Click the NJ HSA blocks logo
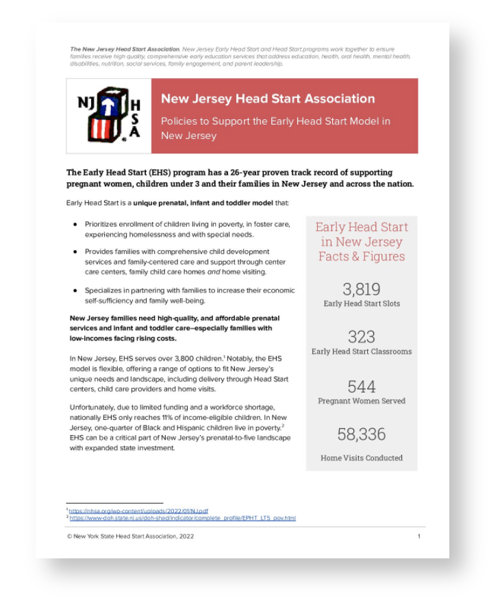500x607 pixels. (109, 115)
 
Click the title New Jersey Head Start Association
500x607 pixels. (268, 99)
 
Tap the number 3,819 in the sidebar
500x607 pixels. (362, 289)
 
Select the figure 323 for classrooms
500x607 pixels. (362, 337)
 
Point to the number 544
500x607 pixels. (362, 386)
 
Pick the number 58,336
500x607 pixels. (362, 434)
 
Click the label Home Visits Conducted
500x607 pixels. (362, 458)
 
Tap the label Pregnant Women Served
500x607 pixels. (362, 401)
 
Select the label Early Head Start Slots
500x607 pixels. (362, 303)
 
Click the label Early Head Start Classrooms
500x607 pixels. (362, 351)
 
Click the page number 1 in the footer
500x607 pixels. (419, 536)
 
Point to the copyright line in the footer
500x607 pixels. (130, 536)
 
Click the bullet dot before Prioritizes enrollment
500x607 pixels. (75, 224)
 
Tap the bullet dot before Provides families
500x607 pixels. (75, 252)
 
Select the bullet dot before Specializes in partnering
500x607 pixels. (75, 290)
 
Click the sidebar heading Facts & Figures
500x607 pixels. (362, 256)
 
